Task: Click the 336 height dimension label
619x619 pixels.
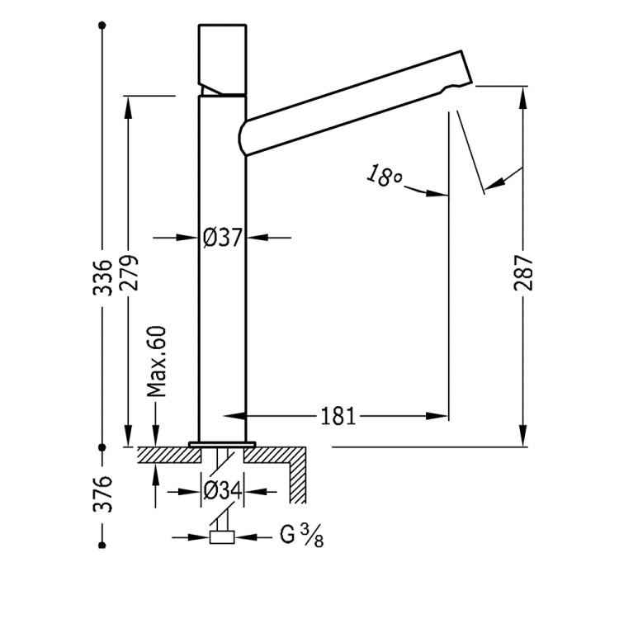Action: (x=102, y=277)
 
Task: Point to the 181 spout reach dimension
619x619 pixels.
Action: (x=338, y=416)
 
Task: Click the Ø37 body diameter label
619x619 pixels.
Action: (x=223, y=238)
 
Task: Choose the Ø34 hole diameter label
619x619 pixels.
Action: (x=223, y=492)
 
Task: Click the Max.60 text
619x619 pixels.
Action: (x=157, y=361)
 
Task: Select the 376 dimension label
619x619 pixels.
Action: (x=102, y=494)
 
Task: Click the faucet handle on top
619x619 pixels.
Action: (x=223, y=58)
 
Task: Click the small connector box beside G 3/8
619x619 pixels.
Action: (x=223, y=538)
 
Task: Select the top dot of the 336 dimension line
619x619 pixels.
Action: (x=102, y=27)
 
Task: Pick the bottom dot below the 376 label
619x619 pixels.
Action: (x=102, y=545)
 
